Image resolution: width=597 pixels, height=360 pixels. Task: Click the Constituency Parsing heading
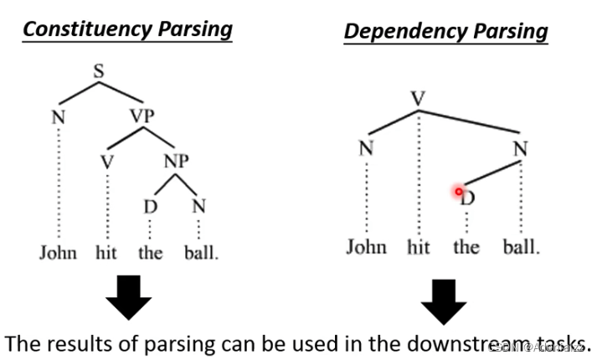tap(126, 29)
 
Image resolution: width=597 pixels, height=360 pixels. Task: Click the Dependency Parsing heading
tap(445, 32)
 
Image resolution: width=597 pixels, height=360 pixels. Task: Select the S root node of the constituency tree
tap(99, 72)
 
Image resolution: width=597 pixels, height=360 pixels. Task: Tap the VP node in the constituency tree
tap(142, 116)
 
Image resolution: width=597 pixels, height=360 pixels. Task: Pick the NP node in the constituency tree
tap(175, 160)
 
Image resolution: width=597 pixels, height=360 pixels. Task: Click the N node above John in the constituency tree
tap(58, 116)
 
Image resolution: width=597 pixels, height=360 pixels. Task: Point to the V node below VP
tap(106, 161)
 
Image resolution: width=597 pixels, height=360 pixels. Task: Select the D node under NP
tap(150, 205)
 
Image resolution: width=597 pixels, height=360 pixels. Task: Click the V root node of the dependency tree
tap(419, 99)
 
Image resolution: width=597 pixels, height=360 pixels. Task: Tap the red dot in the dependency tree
tap(459, 192)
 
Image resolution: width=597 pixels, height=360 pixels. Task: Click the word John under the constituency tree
tap(58, 252)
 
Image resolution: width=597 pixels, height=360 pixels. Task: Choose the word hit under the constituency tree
tap(106, 252)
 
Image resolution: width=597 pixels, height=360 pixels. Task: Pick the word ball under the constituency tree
tap(201, 252)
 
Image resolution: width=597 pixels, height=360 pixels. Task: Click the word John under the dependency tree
tap(366, 247)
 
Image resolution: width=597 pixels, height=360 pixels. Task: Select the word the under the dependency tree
tap(466, 247)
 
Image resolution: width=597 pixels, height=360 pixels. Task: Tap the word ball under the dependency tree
tap(522, 247)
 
